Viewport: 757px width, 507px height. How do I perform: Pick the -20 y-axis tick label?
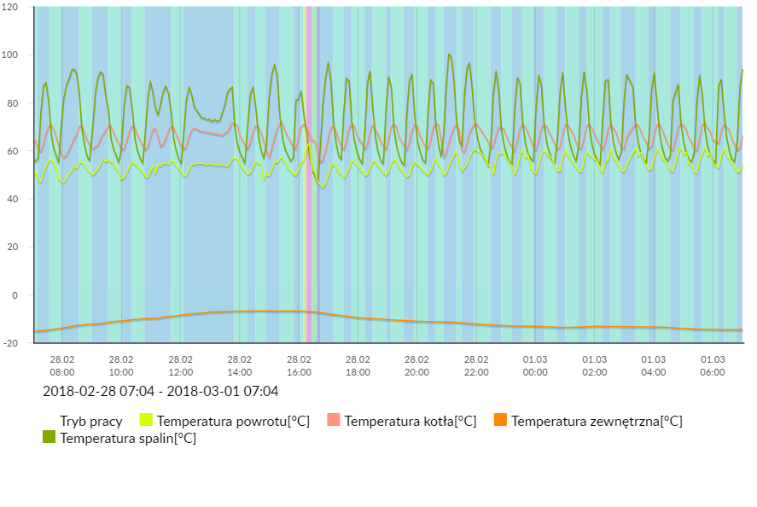click(x=12, y=342)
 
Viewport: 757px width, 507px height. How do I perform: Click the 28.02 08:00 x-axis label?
click(x=62, y=365)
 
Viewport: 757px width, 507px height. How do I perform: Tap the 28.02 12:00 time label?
click(x=180, y=365)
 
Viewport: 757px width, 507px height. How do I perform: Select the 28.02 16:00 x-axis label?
click(x=299, y=365)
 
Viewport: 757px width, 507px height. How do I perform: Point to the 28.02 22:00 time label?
click(x=476, y=365)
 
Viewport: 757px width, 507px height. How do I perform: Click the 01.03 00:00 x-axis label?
click(x=535, y=365)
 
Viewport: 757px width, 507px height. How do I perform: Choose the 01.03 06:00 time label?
click(x=713, y=365)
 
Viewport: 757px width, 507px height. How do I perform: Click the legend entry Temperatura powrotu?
click(x=232, y=421)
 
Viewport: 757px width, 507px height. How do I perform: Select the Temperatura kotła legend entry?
click(x=410, y=421)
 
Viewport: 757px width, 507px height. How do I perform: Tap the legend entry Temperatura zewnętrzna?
click(x=596, y=421)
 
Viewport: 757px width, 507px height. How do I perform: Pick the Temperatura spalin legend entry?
click(x=127, y=438)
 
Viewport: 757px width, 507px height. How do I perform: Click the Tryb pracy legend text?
click(x=90, y=421)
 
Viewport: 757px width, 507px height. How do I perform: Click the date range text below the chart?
click(x=160, y=392)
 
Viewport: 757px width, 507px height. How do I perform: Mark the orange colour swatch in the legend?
click(x=501, y=420)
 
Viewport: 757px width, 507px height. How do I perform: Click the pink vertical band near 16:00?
click(x=307, y=171)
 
